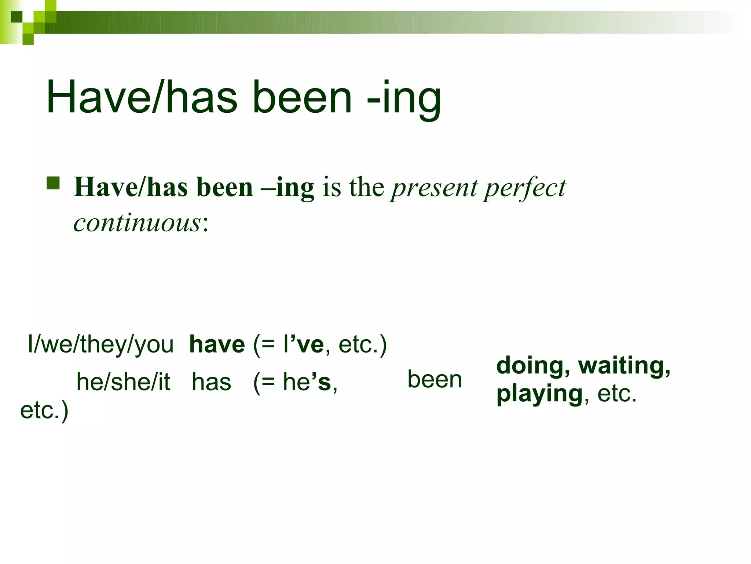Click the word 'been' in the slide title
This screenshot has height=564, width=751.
302,98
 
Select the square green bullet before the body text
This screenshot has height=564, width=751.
53,183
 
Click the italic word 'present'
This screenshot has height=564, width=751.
433,188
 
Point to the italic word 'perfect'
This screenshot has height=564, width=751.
524,188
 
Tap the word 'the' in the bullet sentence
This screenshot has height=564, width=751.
366,187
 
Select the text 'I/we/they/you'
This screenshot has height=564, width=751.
100,344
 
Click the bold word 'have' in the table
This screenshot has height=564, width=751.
217,344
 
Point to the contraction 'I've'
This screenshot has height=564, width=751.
303,344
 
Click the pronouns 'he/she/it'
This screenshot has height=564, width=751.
123,382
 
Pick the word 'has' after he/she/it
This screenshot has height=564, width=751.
212,382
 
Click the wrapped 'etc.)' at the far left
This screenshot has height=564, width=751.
44,410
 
